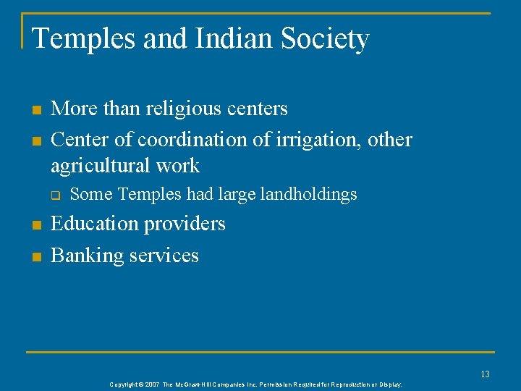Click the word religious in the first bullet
[x=181, y=109]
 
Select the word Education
[x=97, y=224]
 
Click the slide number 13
[x=485, y=374]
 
